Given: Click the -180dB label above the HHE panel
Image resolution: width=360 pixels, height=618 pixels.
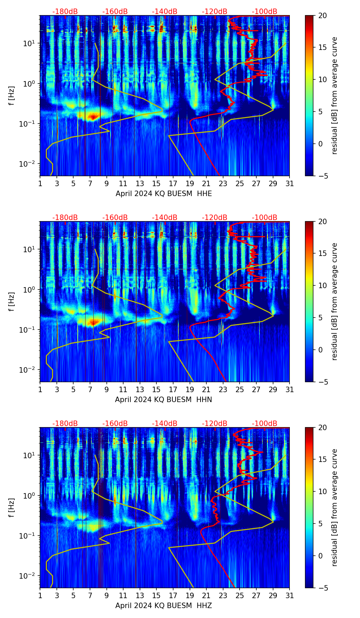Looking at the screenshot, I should click(65, 12).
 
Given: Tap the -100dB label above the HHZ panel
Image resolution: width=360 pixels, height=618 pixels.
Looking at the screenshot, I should click(265, 424).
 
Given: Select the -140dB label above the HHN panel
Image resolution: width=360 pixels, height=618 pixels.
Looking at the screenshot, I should click(165, 218).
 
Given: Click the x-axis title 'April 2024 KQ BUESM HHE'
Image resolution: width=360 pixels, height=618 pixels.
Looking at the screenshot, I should click(164, 194).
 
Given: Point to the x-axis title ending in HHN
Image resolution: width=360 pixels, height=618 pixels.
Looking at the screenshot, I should click(164, 400).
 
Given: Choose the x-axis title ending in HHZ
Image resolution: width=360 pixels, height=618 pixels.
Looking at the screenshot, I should click(164, 606).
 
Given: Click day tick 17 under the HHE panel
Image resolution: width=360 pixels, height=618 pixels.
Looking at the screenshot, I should click(173, 184).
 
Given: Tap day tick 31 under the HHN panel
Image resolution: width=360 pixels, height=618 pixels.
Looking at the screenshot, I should click(289, 390).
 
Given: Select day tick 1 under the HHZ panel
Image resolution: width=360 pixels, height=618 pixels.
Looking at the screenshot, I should click(40, 596).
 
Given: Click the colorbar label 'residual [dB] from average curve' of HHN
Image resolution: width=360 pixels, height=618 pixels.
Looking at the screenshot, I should click(334, 301).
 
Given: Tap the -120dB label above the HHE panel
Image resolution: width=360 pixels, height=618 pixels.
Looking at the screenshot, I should click(215, 12).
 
